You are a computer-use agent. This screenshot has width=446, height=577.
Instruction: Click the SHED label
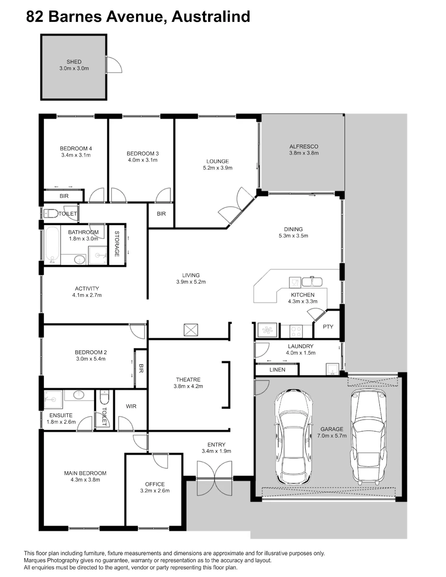pos(74,62)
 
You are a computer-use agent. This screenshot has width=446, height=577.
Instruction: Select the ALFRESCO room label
pos(304,147)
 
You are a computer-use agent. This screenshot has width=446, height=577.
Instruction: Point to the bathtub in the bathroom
pos(52,245)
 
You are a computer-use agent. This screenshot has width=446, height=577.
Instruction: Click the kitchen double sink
pos(312,282)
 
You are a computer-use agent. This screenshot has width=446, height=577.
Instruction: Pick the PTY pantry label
pos(328,326)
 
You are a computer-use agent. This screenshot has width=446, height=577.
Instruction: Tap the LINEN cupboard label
pos(277,370)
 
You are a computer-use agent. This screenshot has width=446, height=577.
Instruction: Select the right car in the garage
pos(369,436)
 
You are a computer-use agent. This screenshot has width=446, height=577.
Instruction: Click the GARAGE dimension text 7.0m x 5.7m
pos(332,436)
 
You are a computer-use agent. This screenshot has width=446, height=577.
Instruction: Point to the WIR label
pos(131,406)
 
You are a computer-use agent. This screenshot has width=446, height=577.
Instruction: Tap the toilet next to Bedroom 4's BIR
pos(51,213)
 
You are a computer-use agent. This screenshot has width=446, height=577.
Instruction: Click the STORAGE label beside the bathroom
pos(117,244)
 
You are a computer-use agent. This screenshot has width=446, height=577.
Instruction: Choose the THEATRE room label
pos(188,380)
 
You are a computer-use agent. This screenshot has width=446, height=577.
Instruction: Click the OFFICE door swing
pos(161,461)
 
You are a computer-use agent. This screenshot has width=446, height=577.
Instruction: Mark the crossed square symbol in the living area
pos(191,330)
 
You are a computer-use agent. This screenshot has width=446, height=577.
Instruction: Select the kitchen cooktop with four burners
pos(296,331)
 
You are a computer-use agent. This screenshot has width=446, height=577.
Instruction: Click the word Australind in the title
pos(211,17)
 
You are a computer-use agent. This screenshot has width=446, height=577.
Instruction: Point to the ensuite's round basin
pos(79,395)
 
